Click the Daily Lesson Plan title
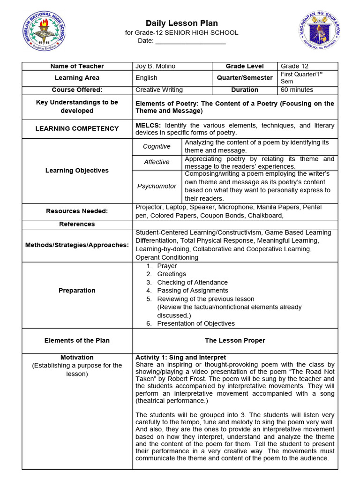181,23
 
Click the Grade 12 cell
294,66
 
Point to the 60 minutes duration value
297,90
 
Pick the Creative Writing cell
159,90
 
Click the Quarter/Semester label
245,78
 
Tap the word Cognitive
157,146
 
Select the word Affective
157,162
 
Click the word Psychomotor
157,186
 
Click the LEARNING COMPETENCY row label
77,128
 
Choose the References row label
77,224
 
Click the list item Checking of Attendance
192,282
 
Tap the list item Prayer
167,266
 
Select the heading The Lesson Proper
235,340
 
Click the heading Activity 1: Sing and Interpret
180,357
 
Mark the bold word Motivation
77,357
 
